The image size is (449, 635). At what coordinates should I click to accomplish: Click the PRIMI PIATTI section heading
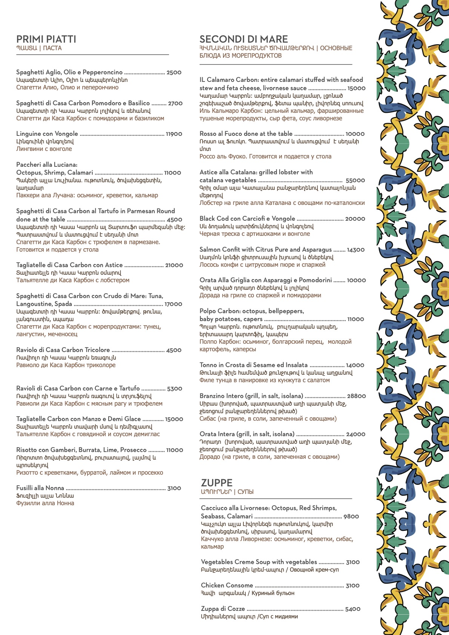point(46,39)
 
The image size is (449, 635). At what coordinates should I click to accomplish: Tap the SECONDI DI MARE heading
point(243,39)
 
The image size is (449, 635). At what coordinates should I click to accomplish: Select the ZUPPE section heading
point(217,483)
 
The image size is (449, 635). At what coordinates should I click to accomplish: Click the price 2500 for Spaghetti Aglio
point(174,72)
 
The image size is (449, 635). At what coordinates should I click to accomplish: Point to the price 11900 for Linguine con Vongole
point(174,134)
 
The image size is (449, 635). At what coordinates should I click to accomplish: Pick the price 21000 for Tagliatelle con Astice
point(174,265)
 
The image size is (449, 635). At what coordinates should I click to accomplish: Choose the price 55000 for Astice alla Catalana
point(355,180)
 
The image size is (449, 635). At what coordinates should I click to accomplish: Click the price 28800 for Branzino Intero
point(356,396)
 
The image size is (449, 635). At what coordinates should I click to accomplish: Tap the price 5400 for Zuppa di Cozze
point(352,609)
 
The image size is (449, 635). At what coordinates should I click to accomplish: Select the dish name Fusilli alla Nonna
point(40,488)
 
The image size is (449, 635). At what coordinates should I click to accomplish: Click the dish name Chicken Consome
point(227,585)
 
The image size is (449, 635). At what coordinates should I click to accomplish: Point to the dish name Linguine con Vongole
point(47,134)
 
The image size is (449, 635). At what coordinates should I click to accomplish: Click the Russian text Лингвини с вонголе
point(44,149)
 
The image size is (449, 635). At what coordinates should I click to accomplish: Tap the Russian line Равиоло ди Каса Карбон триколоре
point(66,365)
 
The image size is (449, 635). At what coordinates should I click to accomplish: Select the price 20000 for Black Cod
point(355,219)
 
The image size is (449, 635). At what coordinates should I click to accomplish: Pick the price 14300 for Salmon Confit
point(355,250)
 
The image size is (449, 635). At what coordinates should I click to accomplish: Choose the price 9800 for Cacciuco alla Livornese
point(351,517)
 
